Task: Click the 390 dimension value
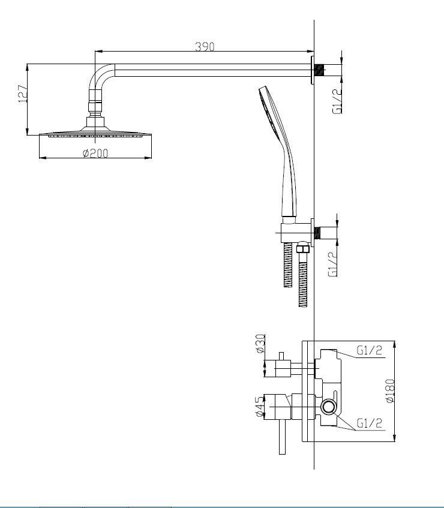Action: click(205, 47)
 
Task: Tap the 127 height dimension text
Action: click(22, 94)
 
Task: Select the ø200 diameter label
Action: click(95, 153)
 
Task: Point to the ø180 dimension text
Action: click(391, 391)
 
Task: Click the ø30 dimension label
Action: click(260, 344)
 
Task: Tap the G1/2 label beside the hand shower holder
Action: click(333, 264)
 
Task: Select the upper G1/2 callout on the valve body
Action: click(369, 350)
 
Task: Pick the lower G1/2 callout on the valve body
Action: click(369, 423)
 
